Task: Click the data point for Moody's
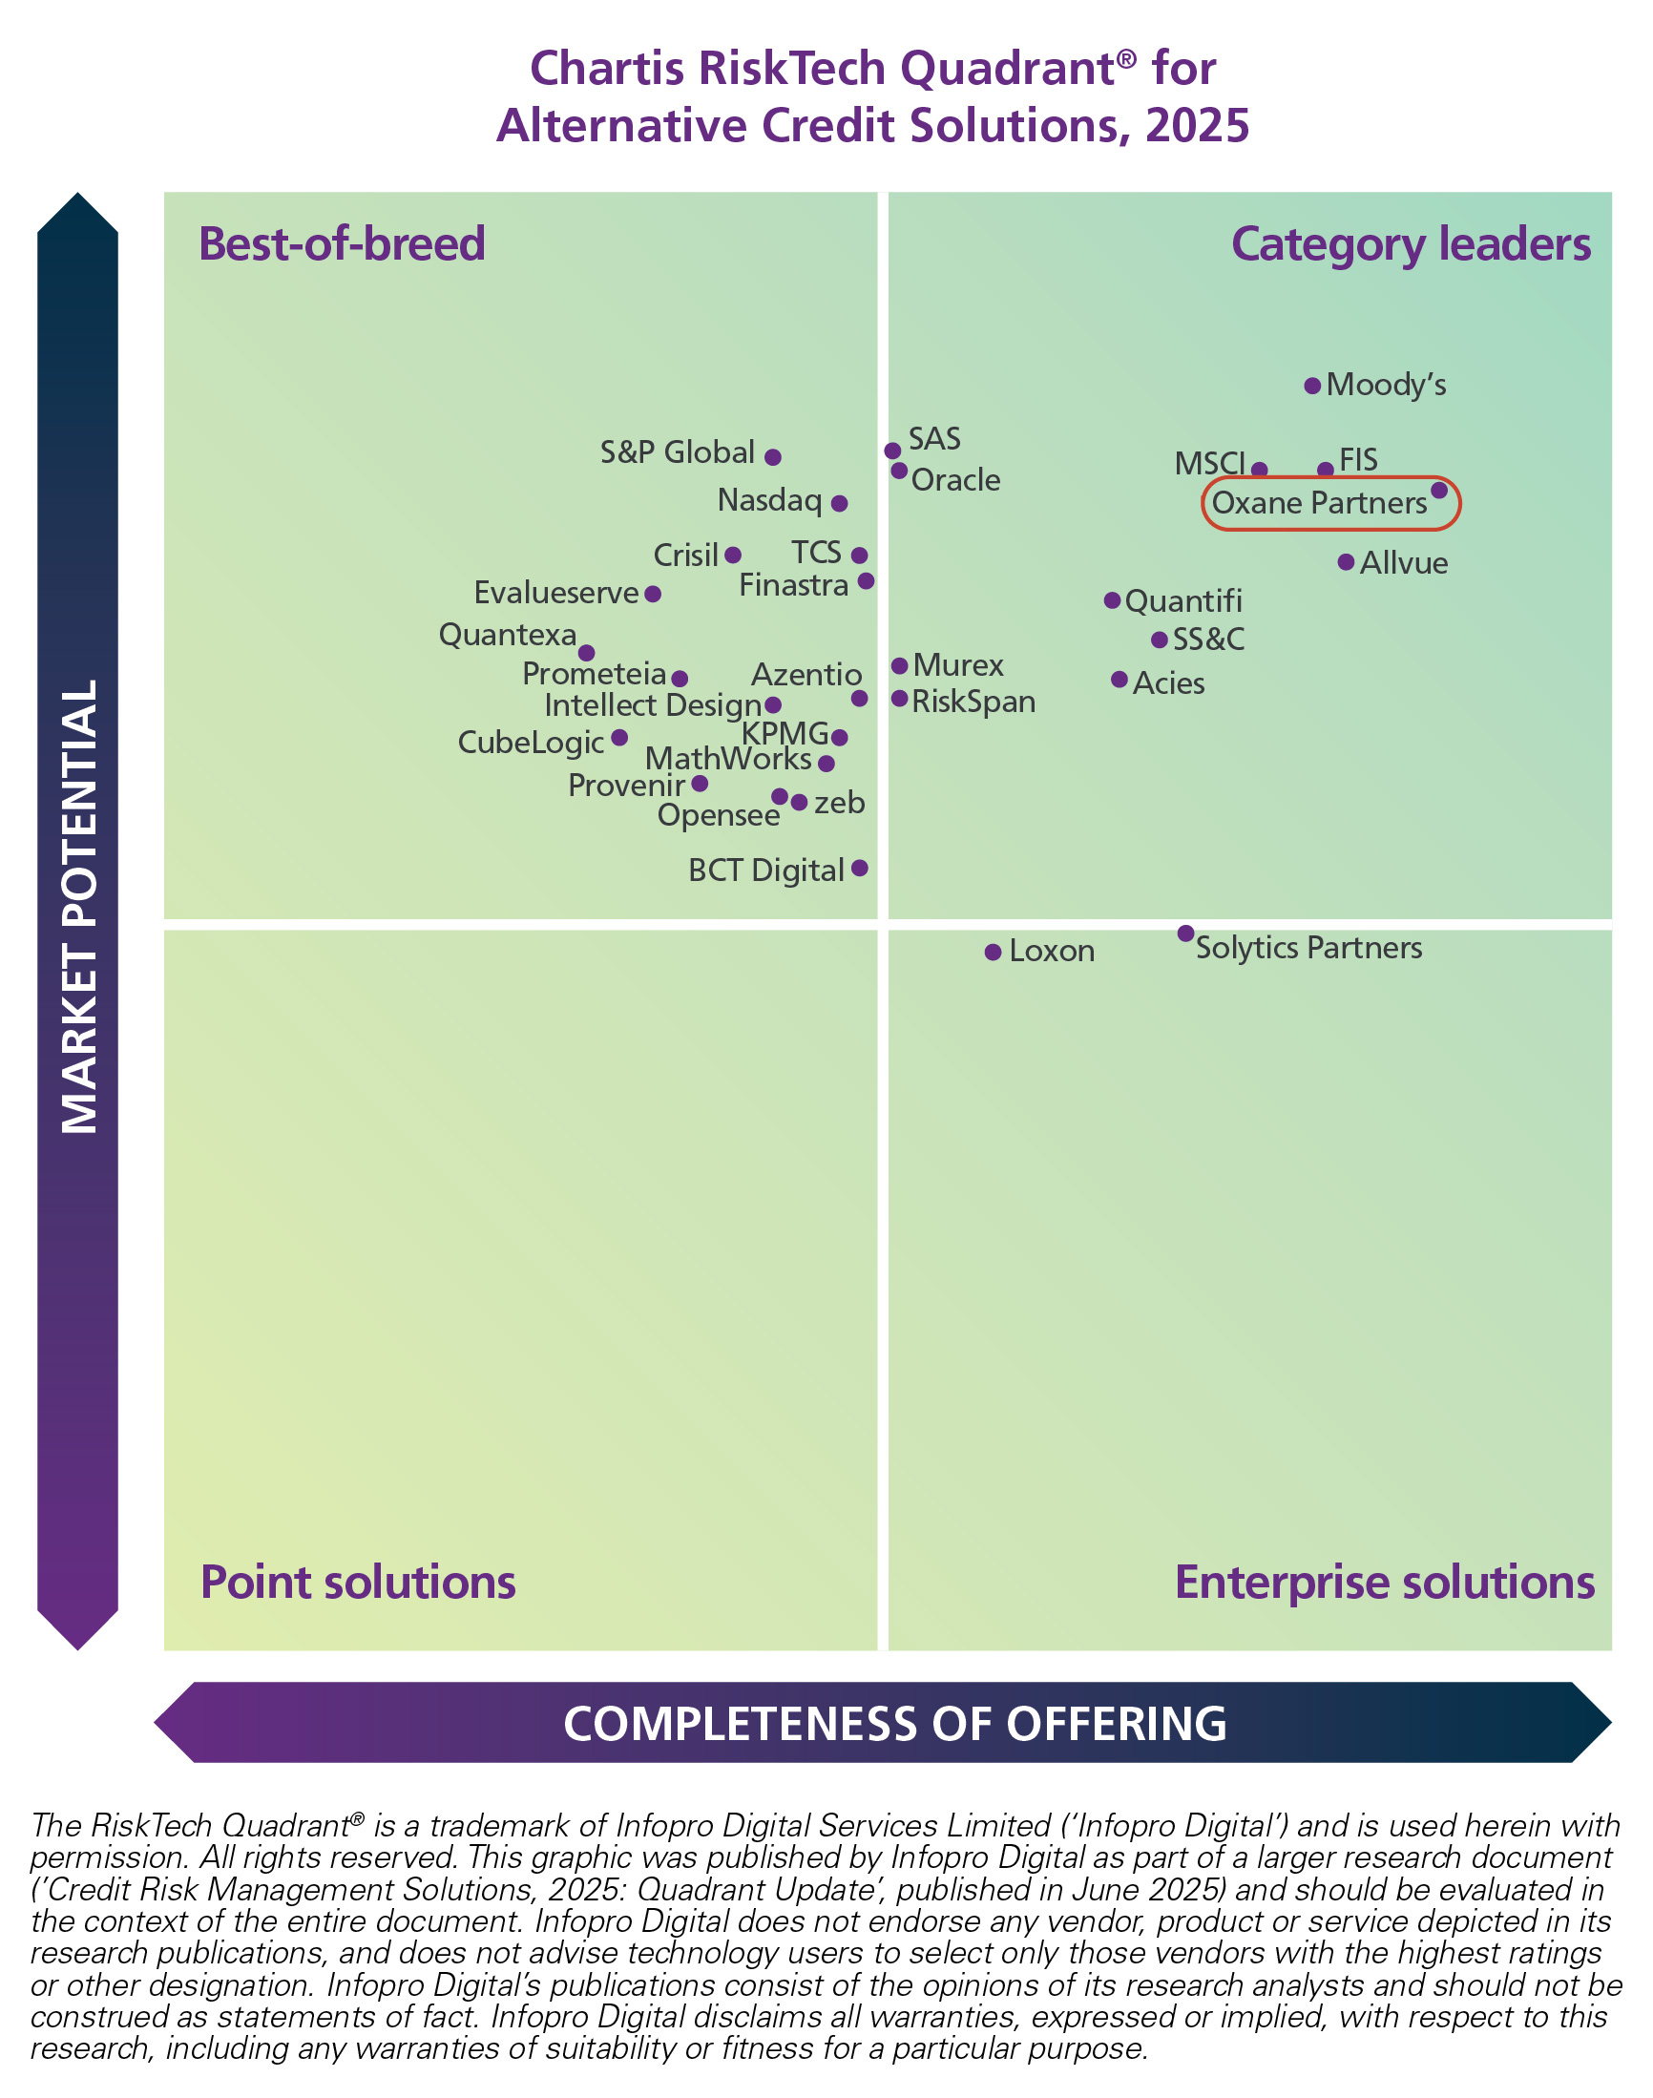tap(1312, 387)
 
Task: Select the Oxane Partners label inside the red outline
tap(1319, 503)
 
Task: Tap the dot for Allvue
tap(1347, 562)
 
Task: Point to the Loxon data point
tap(993, 953)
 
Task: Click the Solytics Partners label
tap(1308, 948)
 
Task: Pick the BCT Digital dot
tap(859, 868)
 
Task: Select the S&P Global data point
tap(772, 457)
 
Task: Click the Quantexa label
tap(507, 635)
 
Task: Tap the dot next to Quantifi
tap(1112, 601)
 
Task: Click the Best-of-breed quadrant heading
tap(342, 243)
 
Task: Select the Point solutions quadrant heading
tap(358, 1583)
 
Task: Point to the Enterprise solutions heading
tap(1384, 1583)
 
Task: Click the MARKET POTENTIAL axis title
tap(78, 906)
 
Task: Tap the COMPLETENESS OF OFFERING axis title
tap(895, 1724)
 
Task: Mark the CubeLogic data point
tap(619, 739)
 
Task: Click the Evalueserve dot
tap(653, 594)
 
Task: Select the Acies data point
tap(1119, 680)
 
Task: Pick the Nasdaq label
tap(769, 500)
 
